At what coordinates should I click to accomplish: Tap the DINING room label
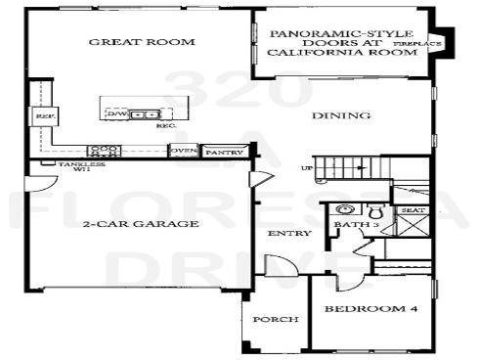[x=341, y=116]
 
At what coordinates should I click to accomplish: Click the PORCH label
[x=269, y=320]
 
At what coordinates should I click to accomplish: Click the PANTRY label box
[x=224, y=152]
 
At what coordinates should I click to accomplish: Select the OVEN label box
[x=183, y=152]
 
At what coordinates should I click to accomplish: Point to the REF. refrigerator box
[x=42, y=117]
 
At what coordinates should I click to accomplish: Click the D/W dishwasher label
[x=117, y=114]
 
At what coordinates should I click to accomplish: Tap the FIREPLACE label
[x=418, y=45]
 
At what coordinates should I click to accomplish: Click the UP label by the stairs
[x=308, y=167]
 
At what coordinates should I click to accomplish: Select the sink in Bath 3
[x=344, y=208]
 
